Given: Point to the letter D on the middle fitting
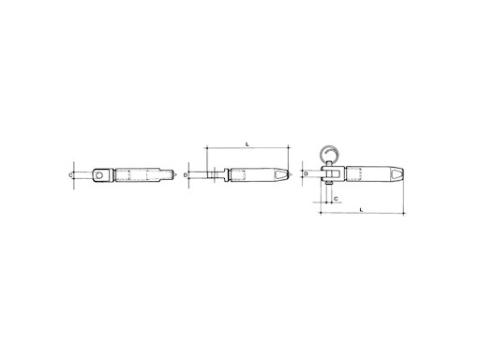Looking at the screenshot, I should point(187,174).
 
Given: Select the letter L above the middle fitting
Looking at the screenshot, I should point(246,144).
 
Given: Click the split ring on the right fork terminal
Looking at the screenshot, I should point(332,152).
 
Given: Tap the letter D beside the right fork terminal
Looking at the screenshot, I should point(307,173).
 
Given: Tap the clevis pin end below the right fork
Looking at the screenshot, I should point(331,187).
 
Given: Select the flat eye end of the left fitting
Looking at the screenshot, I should point(97,174).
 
